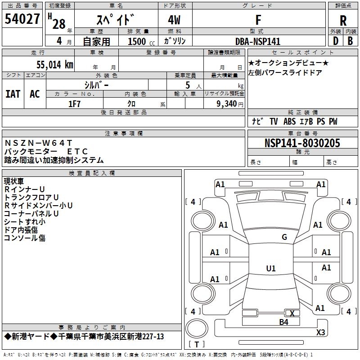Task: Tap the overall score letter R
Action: [x=343, y=21]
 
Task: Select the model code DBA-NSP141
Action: [x=258, y=41]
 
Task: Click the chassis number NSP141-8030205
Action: [x=302, y=143]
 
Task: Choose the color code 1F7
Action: [x=74, y=103]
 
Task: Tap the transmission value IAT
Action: [x=13, y=94]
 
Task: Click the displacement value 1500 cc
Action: [x=140, y=41]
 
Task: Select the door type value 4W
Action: [x=175, y=20]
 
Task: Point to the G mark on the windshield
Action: [x=284, y=237]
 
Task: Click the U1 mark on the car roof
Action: [x=271, y=269]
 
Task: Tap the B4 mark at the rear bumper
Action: [x=283, y=322]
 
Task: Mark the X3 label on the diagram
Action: [x=320, y=333]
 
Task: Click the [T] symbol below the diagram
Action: [x=197, y=344]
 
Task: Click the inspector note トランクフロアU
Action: [x=31, y=197]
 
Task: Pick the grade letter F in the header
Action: [x=258, y=20]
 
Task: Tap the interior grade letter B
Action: [x=350, y=41]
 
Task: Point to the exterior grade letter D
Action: [x=335, y=41]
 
